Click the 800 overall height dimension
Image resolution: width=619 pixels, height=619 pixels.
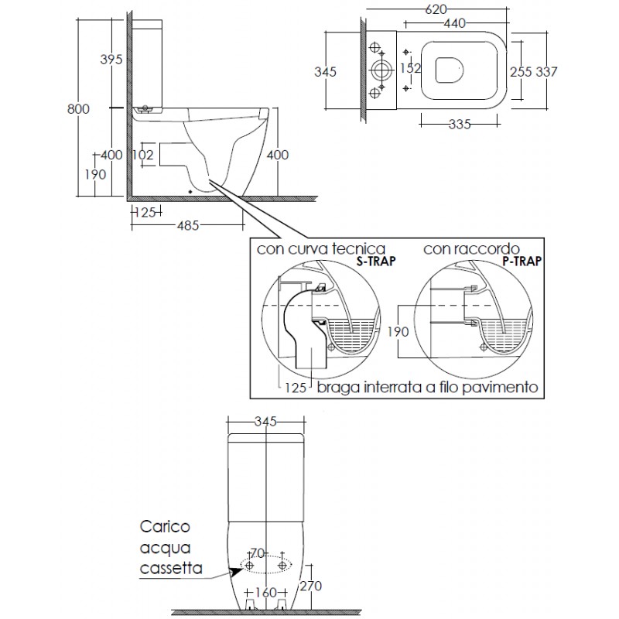(78, 109)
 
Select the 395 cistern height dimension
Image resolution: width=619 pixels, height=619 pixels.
(111, 60)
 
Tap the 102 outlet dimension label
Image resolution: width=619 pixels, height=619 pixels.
(143, 154)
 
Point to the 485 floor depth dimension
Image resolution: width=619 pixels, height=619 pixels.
(188, 225)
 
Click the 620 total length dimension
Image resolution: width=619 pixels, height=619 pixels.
(436, 9)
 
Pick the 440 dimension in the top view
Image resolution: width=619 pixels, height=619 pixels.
(455, 23)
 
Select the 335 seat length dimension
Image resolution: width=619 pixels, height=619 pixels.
(460, 125)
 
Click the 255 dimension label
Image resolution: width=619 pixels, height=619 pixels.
(521, 72)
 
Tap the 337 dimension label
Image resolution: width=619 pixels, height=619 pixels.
(546, 72)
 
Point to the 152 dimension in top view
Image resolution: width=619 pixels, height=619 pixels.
(411, 68)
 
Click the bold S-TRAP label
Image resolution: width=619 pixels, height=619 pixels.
(376, 261)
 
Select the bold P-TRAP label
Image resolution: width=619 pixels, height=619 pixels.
(522, 261)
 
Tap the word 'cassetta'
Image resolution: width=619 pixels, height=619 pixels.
(171, 568)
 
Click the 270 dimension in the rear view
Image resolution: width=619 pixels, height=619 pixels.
(311, 587)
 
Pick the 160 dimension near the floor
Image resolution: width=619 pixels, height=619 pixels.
(266, 593)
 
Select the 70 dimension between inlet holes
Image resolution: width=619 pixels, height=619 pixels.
(257, 554)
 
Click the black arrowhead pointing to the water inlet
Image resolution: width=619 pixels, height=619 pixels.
(237, 571)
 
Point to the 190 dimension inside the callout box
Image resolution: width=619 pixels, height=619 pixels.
(398, 332)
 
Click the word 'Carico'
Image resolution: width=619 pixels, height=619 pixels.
(165, 527)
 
